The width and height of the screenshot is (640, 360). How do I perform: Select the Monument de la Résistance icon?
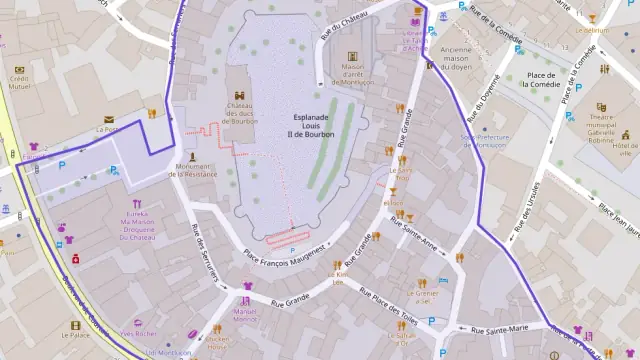192,156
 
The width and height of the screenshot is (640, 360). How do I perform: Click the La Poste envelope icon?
108,119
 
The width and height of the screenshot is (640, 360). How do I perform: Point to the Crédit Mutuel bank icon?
19,69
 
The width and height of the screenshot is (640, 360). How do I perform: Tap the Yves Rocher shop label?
139,333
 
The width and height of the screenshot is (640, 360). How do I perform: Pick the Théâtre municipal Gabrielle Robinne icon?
601,107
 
